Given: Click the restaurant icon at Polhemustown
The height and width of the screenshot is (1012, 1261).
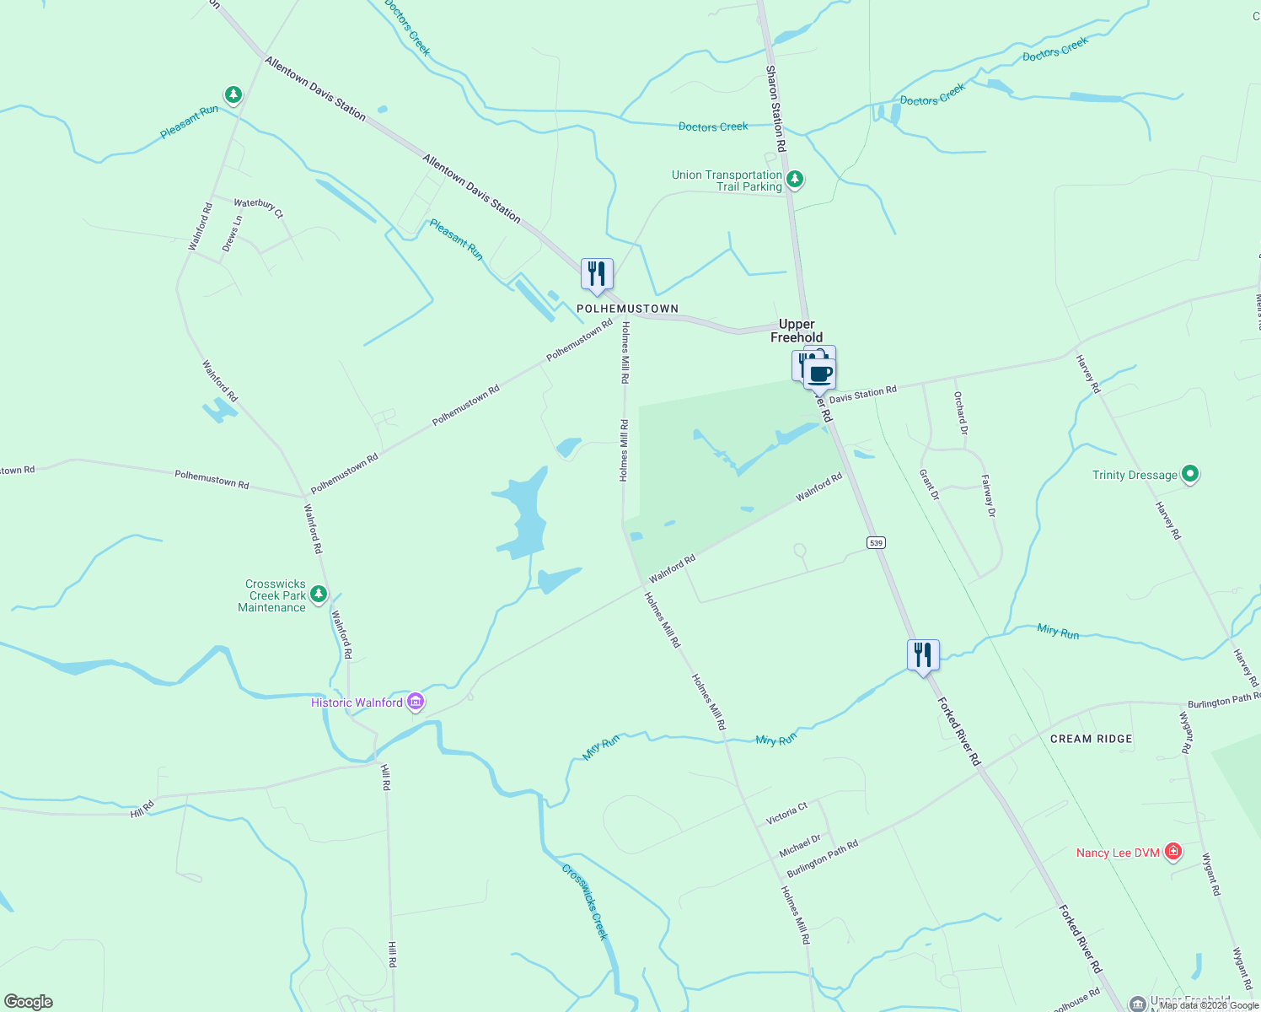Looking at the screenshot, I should click(597, 275).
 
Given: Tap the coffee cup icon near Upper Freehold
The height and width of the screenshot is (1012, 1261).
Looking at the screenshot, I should click(820, 374).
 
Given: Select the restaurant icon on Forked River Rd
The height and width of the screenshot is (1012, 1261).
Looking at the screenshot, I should click(923, 655).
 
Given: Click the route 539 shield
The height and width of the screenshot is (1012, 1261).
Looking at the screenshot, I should click(877, 542).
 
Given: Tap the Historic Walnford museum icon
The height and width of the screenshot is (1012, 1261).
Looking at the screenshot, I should click(415, 702).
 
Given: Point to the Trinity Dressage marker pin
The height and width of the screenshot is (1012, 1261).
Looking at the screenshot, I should click(1189, 474).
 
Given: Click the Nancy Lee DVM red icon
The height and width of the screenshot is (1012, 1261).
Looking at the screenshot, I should click(1172, 852).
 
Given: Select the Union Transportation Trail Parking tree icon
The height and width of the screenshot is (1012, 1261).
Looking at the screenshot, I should click(794, 179).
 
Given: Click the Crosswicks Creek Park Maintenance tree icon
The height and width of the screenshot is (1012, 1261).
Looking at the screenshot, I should click(318, 595).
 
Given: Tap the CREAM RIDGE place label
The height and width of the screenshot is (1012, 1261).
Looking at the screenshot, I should click(1091, 739).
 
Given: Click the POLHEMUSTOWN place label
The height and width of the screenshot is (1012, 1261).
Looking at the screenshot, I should click(627, 309).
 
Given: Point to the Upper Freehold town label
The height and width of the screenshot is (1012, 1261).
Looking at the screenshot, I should click(797, 331).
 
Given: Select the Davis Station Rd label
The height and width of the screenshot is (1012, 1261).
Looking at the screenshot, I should click(862, 394).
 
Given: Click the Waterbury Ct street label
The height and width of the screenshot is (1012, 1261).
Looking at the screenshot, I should click(258, 207).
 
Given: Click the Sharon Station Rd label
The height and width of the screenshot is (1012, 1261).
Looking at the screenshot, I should click(775, 108).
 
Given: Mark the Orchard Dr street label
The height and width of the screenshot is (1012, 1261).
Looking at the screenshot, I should click(960, 413).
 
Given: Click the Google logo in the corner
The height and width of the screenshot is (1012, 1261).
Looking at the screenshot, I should click(28, 1002).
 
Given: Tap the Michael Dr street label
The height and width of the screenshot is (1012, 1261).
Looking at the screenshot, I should click(800, 846).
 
